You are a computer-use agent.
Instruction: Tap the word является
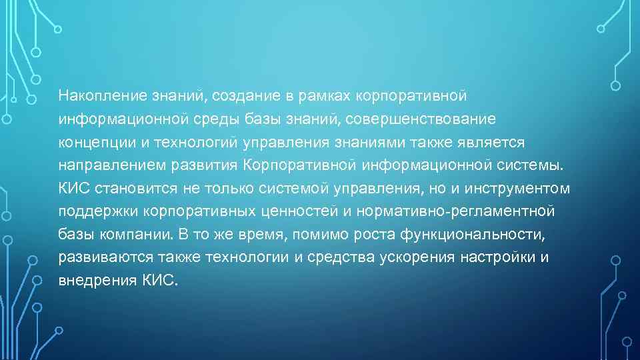(x=493, y=143)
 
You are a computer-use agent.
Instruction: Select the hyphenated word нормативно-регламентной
(x=457, y=212)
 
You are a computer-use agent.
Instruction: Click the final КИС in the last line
(x=161, y=281)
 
